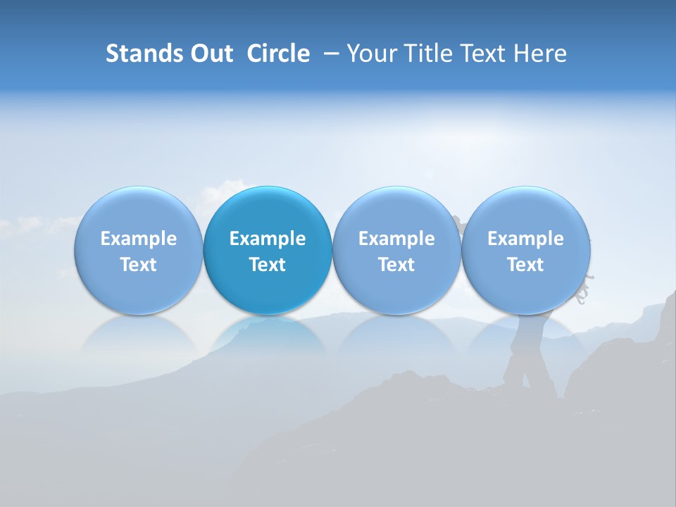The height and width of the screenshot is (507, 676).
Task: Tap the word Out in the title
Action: [x=209, y=54]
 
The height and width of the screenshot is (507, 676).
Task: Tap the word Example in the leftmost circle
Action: [x=138, y=239]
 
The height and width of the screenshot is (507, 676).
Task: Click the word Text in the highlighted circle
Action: [x=268, y=265]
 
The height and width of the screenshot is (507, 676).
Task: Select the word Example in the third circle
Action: [x=396, y=239]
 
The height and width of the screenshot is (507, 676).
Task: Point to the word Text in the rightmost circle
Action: [x=525, y=265]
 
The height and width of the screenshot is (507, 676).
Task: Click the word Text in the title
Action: [x=481, y=54]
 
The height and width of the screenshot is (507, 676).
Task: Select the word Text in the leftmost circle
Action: [x=138, y=265]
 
